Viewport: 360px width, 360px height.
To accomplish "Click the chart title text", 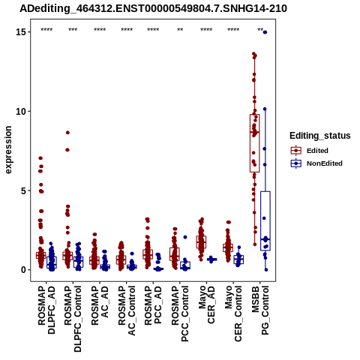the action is pos(153,8).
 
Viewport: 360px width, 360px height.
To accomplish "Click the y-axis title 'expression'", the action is pos(8,150).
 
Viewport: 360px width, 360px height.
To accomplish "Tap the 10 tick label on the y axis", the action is pos(22,111).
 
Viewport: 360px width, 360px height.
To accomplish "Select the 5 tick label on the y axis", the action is pos(24,190).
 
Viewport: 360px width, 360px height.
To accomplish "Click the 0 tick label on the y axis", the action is pos(24,270).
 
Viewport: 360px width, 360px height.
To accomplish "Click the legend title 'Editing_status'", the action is pos(320,136).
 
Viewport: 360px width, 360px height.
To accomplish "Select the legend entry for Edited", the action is pos(309,151).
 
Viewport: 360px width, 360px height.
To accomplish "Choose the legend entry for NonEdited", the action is pos(316,163).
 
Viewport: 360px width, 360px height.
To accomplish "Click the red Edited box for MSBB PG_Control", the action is pos(254,143).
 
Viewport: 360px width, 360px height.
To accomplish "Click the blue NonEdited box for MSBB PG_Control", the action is pos(265,221).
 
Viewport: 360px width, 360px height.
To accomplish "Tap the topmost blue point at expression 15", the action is pos(265,32).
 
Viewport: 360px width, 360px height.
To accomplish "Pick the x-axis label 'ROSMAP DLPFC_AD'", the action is pos(46,310).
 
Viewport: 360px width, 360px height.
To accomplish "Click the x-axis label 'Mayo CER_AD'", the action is pos(206,304).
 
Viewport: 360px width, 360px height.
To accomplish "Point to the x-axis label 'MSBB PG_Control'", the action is pos(260,310).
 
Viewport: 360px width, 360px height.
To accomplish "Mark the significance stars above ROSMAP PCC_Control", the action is pos(180,30).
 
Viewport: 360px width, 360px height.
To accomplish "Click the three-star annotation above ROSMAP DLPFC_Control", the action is pos(73,30).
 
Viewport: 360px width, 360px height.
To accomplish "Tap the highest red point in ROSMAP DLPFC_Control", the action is pos(67,133).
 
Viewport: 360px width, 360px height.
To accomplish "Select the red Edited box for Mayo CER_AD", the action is pos(201,242).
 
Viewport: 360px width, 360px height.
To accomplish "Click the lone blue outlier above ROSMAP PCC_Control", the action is pos(185,237).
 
